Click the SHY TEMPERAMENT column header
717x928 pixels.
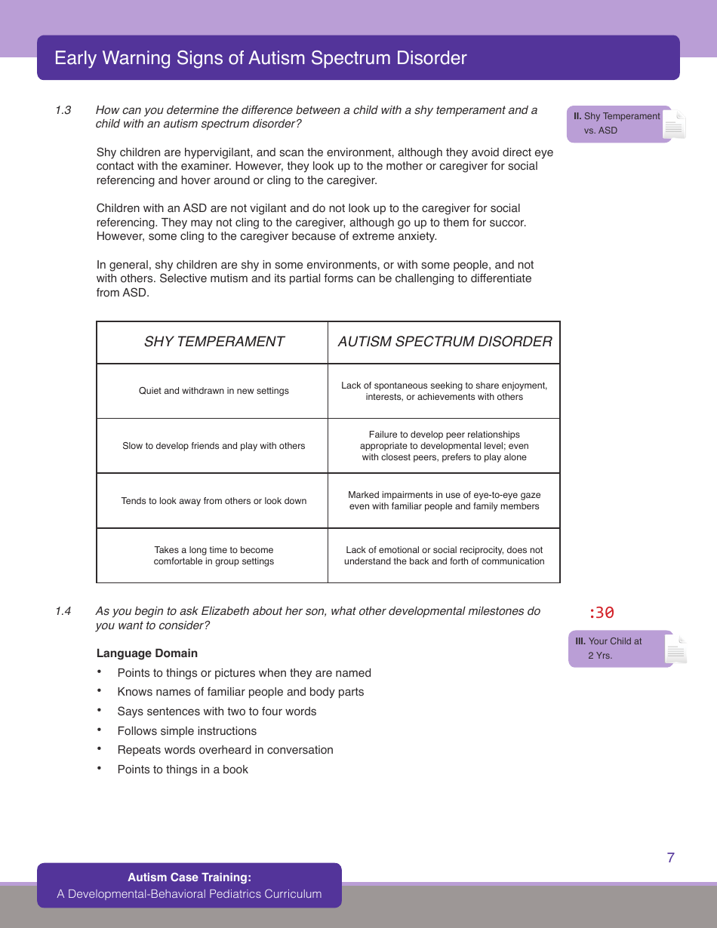coord(214,342)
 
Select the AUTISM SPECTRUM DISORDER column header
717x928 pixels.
coord(445,342)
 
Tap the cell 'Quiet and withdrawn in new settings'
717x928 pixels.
coord(214,391)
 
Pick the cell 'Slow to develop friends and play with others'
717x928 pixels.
coord(214,446)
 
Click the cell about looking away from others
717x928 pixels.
coord(214,501)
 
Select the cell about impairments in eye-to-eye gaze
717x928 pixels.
coord(445,501)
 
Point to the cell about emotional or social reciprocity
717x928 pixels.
coord(445,556)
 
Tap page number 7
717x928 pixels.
coord(670,858)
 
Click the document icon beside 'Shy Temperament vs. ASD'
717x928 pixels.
coord(674,125)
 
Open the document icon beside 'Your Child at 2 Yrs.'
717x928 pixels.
coord(676,650)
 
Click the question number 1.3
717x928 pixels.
coord(63,110)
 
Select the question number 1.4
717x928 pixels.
coord(63,611)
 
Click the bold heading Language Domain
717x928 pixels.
coord(147,653)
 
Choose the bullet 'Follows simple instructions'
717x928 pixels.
coord(186,731)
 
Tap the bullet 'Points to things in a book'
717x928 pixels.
coord(183,770)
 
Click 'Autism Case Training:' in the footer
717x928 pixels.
coord(189,877)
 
